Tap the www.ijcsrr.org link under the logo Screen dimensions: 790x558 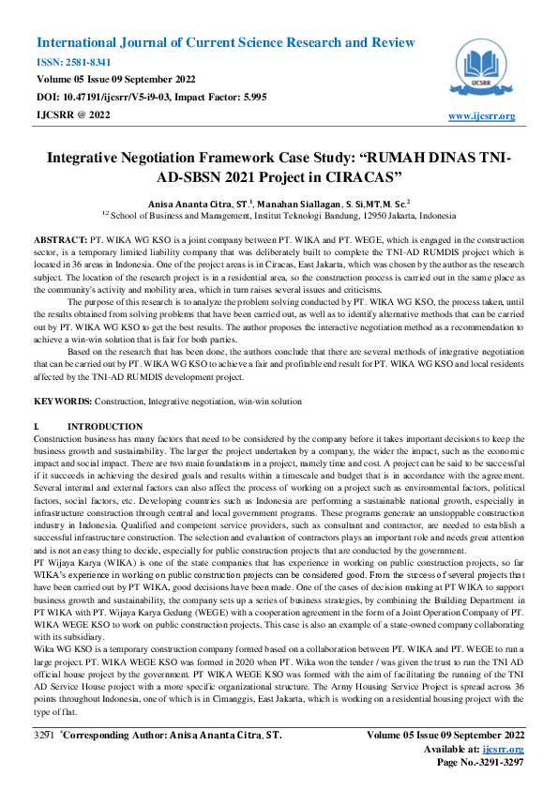point(482,116)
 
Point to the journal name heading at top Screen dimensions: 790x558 point(225,43)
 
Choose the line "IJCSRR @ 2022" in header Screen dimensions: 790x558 point(72,114)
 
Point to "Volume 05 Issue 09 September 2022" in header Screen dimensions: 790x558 point(117,80)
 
